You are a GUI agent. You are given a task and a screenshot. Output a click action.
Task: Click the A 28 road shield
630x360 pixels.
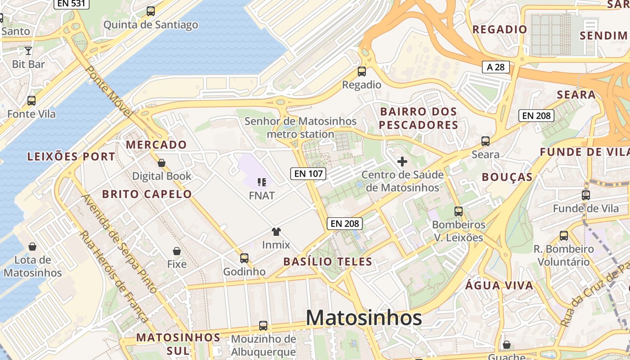tap(496, 67)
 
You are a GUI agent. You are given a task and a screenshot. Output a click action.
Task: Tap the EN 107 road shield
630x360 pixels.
tap(308, 173)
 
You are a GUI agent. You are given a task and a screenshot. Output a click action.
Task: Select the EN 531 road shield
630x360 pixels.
tap(72, 4)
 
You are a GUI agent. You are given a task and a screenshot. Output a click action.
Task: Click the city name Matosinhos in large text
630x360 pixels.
tap(364, 318)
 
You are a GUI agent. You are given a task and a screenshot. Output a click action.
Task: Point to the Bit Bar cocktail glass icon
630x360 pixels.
tap(28, 51)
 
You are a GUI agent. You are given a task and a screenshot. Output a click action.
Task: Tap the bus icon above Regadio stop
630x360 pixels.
tap(361, 72)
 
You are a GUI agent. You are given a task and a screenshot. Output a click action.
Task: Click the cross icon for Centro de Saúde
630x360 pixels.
tap(402, 162)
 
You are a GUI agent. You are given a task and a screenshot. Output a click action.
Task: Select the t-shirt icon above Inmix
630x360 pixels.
tap(276, 232)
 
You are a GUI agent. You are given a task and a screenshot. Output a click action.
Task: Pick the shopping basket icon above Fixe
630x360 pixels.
tap(177, 251)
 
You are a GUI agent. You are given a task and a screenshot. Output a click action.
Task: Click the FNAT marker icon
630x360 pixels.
tap(261, 182)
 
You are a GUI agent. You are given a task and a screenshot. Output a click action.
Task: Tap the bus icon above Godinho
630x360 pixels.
tap(244, 258)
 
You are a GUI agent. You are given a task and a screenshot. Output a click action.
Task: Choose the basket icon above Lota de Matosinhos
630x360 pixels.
tap(32, 247)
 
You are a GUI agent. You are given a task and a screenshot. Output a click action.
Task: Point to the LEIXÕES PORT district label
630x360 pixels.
tap(71, 157)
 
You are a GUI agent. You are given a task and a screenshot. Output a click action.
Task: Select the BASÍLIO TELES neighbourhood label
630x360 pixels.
tap(328, 261)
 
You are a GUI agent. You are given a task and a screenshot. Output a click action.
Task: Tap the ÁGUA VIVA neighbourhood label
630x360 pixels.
tap(499, 285)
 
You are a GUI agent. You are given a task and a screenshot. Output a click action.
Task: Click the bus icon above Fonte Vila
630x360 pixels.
tap(31, 101)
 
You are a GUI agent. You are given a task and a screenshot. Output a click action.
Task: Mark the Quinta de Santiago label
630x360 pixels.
tap(151, 25)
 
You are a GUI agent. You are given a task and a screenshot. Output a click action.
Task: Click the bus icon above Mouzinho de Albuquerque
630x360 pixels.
tap(263, 326)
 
